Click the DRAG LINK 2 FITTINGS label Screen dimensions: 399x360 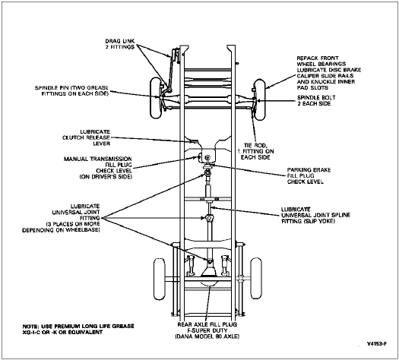pyautogui.click(x=120, y=44)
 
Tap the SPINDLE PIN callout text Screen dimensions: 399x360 pyautogui.click(x=71, y=91)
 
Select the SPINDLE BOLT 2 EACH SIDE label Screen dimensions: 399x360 pyautogui.click(x=316, y=100)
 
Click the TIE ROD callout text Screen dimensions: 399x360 pyautogui.click(x=255, y=151)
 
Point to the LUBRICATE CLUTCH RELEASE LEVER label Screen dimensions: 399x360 pyautogui.click(x=87, y=137)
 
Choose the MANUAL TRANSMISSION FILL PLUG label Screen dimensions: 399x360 pyautogui.click(x=98, y=168)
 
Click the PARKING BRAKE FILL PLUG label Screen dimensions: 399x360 pyautogui.click(x=309, y=175)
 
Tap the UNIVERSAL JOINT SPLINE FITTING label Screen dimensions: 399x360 pyautogui.click(x=315, y=215)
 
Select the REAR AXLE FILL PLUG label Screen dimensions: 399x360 pyautogui.click(x=207, y=330)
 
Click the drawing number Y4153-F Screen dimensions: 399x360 pyautogui.click(x=377, y=344)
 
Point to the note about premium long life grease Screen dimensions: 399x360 pyautogui.click(x=78, y=329)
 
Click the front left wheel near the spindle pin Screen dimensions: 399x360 pyautogui.click(x=156, y=98)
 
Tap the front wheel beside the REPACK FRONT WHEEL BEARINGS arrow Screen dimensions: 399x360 pyautogui.click(x=260, y=99)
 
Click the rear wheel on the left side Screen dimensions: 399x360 pyautogui.click(x=160, y=279)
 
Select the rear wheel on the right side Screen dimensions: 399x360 pyautogui.click(x=256, y=278)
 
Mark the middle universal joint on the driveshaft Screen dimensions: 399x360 pyautogui.click(x=209, y=218)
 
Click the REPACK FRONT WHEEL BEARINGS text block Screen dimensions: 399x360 pyautogui.click(x=329, y=73)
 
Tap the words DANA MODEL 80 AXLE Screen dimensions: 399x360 pyautogui.click(x=207, y=336)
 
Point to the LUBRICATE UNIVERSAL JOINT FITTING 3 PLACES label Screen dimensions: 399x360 pyautogui.click(x=61, y=218)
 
